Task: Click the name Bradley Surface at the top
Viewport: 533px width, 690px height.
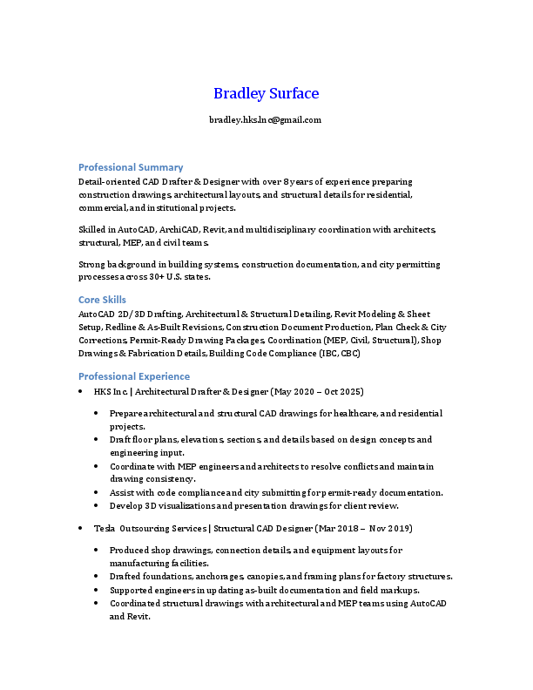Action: (x=266, y=93)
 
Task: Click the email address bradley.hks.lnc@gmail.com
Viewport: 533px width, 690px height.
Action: (x=266, y=119)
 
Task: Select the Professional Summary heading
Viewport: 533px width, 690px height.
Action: (x=131, y=166)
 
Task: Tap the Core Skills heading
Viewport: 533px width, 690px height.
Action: (x=102, y=299)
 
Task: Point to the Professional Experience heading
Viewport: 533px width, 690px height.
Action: (x=134, y=376)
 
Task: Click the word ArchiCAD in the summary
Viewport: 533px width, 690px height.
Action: (x=178, y=229)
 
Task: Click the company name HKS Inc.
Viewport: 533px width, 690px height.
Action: (x=111, y=392)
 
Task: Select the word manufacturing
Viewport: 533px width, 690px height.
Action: (x=135, y=563)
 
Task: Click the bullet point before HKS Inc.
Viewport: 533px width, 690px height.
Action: (x=81, y=392)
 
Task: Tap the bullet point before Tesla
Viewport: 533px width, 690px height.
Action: (x=81, y=528)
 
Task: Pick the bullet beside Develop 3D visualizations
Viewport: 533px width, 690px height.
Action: (x=97, y=505)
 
